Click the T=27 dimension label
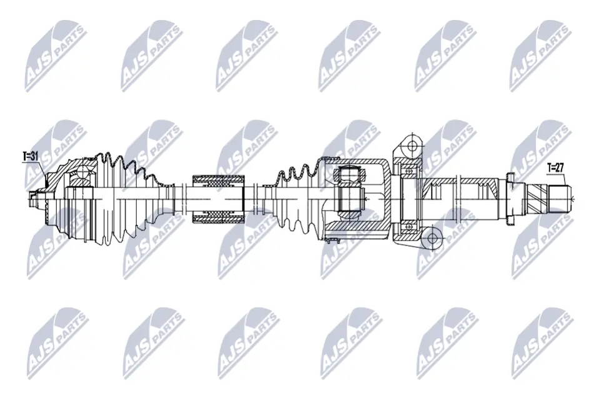click(x=555, y=167)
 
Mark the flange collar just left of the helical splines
click(x=509, y=199)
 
